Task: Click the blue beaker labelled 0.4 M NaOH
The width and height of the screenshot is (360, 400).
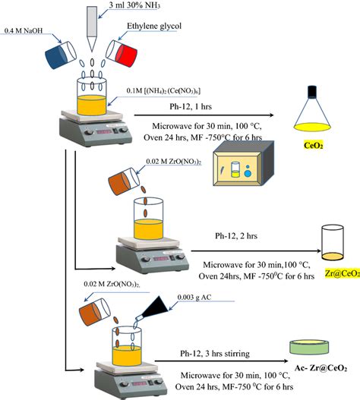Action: point(61,55)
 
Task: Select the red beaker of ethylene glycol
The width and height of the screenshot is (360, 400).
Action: point(122,53)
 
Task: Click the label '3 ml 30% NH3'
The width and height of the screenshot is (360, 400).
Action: point(134,5)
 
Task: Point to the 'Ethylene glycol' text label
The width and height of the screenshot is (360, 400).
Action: point(154,26)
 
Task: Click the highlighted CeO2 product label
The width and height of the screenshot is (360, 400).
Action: point(313,146)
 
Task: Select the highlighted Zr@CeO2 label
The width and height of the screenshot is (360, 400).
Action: point(343,273)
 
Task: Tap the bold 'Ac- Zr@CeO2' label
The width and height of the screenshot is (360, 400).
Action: point(321,368)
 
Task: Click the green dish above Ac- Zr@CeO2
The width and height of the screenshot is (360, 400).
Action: point(309,347)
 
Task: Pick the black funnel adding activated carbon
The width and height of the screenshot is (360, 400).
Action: point(153,310)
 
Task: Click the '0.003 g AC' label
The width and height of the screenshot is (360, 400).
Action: point(194,298)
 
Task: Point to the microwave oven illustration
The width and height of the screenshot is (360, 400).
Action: point(243,163)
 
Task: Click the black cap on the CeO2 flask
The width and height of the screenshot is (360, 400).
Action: point(312,92)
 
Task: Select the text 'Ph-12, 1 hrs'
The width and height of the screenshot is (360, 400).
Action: point(191,106)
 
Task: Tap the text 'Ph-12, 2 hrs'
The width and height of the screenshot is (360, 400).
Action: point(236,236)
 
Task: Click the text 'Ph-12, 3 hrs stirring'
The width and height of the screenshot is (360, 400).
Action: point(215,354)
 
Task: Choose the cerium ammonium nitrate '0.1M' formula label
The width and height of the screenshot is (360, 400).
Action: point(163,91)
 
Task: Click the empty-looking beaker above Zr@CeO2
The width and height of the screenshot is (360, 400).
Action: point(333,242)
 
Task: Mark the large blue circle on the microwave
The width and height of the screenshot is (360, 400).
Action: point(248,174)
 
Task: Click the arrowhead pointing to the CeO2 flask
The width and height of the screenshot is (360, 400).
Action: point(271,115)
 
